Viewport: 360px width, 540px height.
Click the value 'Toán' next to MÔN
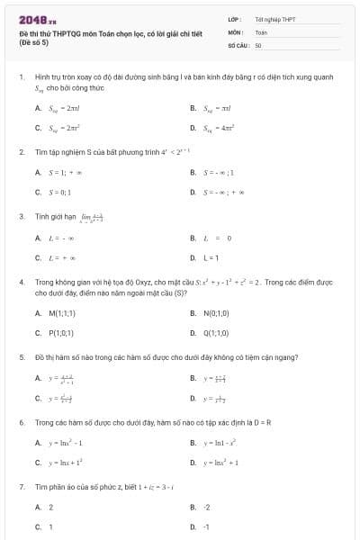coord(261,31)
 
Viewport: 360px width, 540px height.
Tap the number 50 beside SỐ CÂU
coord(258,44)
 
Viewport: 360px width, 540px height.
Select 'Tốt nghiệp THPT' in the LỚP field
coord(274,19)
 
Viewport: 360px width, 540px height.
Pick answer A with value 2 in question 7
coord(50,508)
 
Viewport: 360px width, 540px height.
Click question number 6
coord(21,421)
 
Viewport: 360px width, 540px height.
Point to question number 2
coord(21,151)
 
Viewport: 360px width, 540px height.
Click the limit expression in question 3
coord(93,218)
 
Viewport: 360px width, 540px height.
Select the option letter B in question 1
coord(193,108)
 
